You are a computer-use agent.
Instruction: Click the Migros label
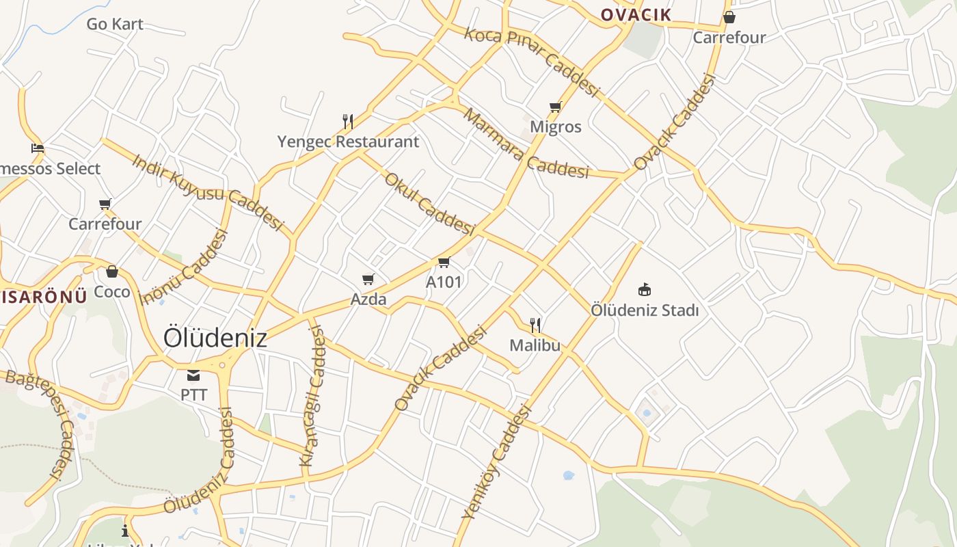[x=556, y=126]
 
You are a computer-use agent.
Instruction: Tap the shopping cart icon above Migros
[x=555, y=107]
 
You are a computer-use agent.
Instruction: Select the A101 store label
[x=444, y=282]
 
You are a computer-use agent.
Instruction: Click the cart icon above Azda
[x=368, y=279]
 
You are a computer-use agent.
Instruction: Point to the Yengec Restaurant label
[x=348, y=142]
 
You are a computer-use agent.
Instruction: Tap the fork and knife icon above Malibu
[x=535, y=325]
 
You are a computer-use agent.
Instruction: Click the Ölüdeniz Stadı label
[x=645, y=310]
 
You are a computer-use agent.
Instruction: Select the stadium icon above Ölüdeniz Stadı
[x=644, y=290]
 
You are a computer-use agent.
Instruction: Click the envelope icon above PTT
[x=193, y=375]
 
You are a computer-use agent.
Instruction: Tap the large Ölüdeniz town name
[x=215, y=338]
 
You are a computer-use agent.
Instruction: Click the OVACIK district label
[x=636, y=14]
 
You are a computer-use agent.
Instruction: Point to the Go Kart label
[x=115, y=24]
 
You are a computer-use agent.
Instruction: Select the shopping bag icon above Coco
[x=112, y=271]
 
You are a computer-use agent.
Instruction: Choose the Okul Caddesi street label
[x=429, y=204]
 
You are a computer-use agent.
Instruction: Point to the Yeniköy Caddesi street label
[x=496, y=462]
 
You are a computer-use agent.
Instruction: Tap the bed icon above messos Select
[x=38, y=148]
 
